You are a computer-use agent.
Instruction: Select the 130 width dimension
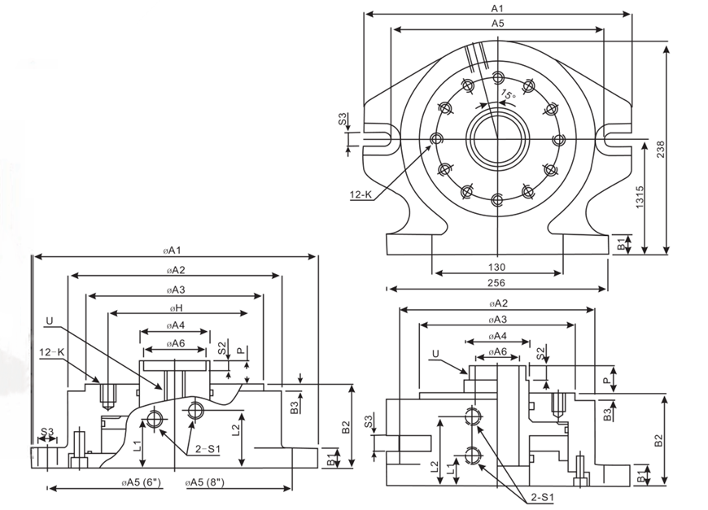point(496,267)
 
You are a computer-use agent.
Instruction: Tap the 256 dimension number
point(496,282)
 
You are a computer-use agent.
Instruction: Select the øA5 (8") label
point(210,482)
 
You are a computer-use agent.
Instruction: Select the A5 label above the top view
point(497,24)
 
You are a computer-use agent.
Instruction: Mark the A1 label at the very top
point(497,7)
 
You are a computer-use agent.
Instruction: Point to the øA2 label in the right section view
point(496,303)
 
